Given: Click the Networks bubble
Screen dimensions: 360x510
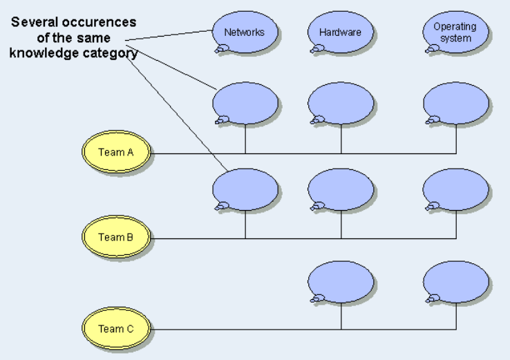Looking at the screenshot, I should (245, 32).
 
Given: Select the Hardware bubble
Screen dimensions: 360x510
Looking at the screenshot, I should (340, 32).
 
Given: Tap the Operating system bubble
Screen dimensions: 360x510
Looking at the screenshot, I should (455, 32).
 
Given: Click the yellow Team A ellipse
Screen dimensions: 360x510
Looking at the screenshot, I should (116, 153).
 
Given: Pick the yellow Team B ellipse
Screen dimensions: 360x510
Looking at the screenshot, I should (116, 238).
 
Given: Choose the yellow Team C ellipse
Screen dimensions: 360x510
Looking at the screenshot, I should (116, 329).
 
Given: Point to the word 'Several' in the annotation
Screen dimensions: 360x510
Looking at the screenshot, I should (31, 23).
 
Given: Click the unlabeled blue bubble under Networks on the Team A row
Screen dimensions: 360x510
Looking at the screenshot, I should (245, 104).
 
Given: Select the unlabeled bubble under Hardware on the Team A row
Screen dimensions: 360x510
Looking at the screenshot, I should (341, 104).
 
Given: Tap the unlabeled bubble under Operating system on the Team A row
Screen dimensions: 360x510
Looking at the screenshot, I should (455, 104).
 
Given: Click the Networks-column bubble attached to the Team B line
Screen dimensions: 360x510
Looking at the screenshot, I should (245, 189).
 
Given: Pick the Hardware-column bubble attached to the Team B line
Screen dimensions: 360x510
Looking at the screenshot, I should (341, 189).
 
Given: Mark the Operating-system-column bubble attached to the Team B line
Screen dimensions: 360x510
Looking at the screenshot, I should (455, 189).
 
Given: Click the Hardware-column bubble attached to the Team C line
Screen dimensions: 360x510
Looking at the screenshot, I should (341, 281).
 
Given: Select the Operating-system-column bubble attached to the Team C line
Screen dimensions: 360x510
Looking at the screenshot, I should (455, 281).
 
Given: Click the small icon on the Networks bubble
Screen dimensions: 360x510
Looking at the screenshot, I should (222, 48).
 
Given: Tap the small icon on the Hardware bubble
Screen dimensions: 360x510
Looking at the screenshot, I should (318, 48).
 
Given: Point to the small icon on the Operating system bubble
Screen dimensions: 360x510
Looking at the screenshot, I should (433, 48).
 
